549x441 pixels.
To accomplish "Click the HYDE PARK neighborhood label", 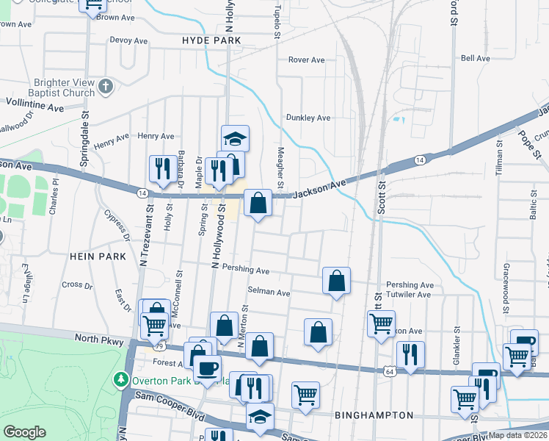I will [212, 41].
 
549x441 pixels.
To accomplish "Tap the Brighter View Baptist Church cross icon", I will [106, 87].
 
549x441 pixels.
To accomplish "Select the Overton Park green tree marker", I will [120, 380].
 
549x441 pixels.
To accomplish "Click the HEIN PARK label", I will [89, 256].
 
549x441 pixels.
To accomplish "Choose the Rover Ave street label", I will [307, 60].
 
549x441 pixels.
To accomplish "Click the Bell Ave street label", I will [475, 58].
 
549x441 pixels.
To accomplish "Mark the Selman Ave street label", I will [269, 292].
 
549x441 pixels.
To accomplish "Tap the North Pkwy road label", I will [96, 339].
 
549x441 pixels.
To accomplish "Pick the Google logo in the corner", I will [24, 432].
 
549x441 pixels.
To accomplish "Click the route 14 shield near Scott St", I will [419, 159].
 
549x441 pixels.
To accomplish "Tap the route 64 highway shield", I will [388, 372].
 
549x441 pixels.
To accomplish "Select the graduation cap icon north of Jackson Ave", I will [236, 138].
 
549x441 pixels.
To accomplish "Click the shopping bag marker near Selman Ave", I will [336, 280].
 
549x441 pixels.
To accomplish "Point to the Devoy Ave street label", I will [129, 40].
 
